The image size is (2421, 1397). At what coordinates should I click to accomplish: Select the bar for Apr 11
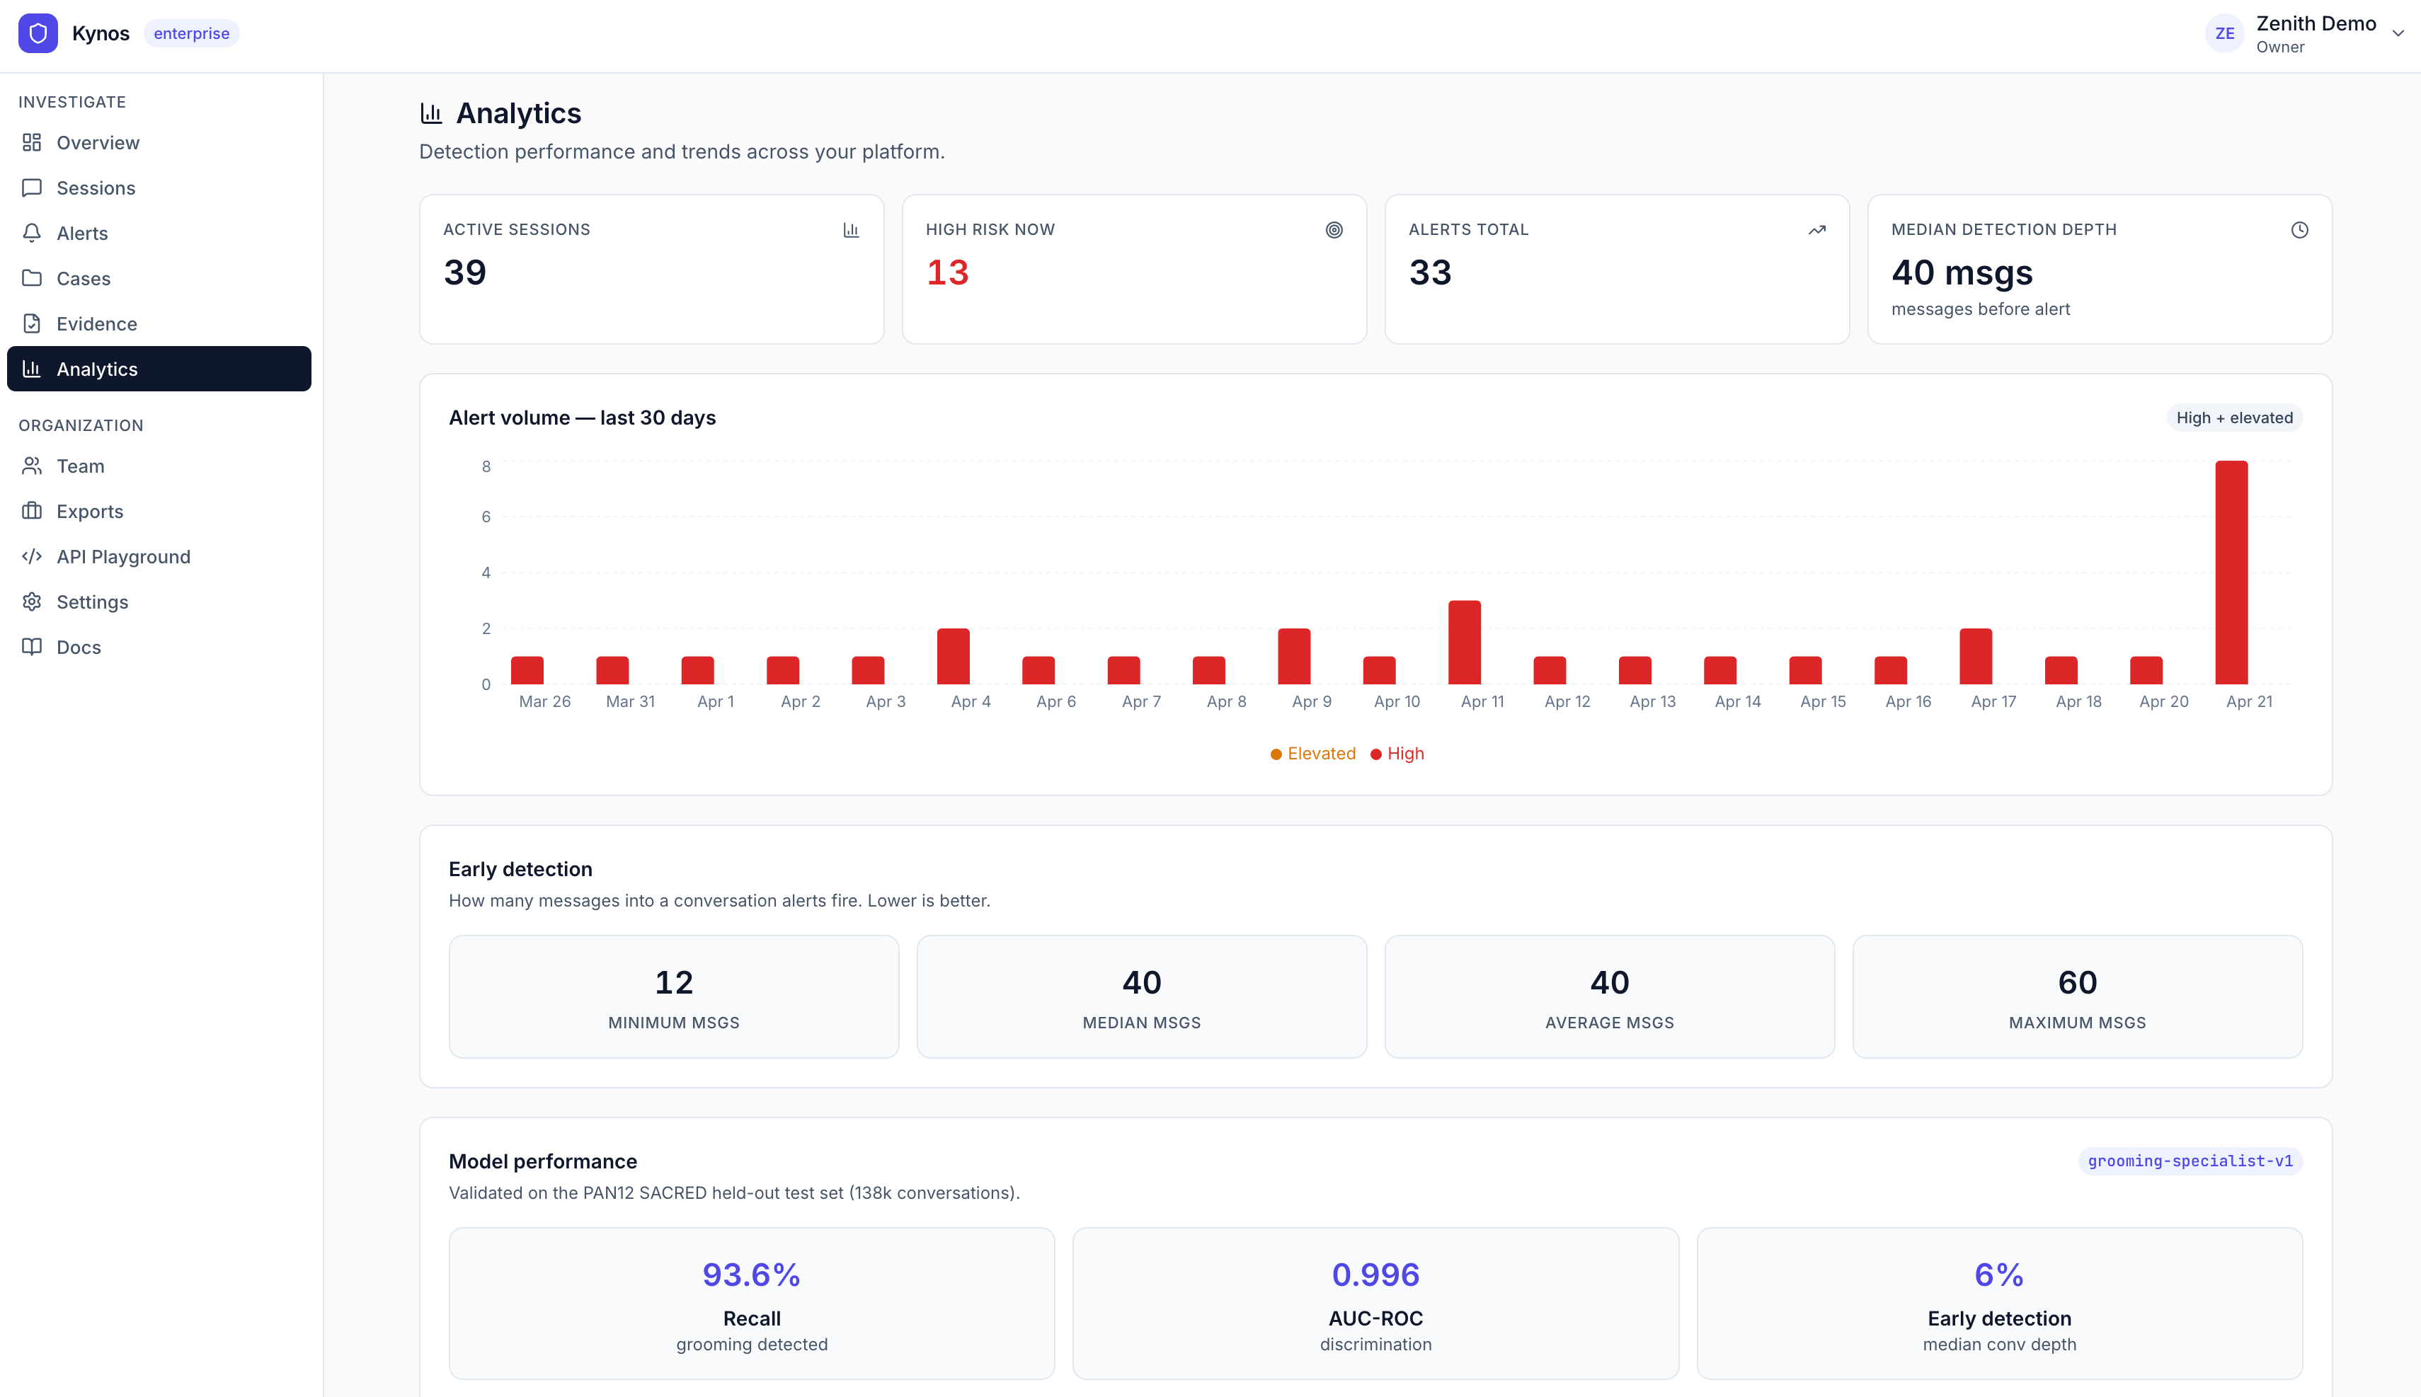(x=1465, y=642)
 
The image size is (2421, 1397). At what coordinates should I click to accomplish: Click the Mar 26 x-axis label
(x=544, y=701)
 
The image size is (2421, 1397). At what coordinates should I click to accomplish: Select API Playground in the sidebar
(x=123, y=556)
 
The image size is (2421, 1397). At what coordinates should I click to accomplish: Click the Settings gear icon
(x=32, y=602)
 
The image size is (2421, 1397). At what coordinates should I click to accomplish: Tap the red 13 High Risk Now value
(x=947, y=272)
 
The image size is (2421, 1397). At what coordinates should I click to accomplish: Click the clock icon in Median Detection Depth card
(x=2299, y=230)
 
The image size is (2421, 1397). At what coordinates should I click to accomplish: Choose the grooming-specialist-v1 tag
(x=2190, y=1161)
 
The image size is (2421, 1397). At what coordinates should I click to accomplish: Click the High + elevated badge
(x=2234, y=418)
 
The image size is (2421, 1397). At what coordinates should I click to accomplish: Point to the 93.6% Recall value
(x=751, y=1274)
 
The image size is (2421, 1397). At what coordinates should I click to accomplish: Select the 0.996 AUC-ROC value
(x=1375, y=1274)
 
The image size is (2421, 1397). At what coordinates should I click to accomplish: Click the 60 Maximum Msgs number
(x=2076, y=982)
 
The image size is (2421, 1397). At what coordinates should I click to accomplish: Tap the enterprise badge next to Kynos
(x=191, y=33)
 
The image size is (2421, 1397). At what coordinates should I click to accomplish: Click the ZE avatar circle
(x=2224, y=33)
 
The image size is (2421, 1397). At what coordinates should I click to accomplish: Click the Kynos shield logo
(x=38, y=33)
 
